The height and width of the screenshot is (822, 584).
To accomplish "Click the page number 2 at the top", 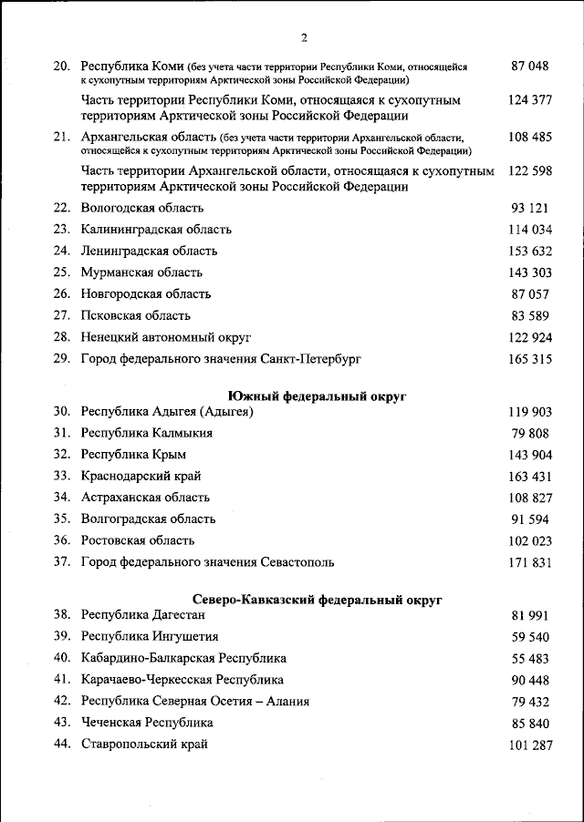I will pyautogui.click(x=304, y=37).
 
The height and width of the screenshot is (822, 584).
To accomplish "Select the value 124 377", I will pyautogui.click(x=530, y=99).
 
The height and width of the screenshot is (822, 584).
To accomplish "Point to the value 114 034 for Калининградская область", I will pyautogui.click(x=530, y=230).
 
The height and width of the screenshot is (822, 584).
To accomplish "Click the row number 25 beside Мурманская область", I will pyautogui.click(x=62, y=272).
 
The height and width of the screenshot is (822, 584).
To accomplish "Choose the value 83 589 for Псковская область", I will pyautogui.click(x=530, y=315).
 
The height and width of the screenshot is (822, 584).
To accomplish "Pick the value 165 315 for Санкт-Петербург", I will pyautogui.click(x=530, y=359).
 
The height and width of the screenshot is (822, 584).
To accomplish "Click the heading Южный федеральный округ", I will pyautogui.click(x=316, y=396).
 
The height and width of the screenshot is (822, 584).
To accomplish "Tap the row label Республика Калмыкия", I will pyautogui.click(x=147, y=433).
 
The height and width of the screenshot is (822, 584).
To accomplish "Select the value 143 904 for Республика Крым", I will pyautogui.click(x=530, y=455).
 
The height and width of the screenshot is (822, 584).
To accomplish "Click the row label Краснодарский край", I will pyautogui.click(x=141, y=476).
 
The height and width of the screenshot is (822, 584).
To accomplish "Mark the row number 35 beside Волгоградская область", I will pyautogui.click(x=62, y=519).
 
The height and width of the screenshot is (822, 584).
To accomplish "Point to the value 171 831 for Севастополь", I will pyautogui.click(x=530, y=562).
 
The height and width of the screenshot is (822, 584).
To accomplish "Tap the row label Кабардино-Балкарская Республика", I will pyautogui.click(x=183, y=658).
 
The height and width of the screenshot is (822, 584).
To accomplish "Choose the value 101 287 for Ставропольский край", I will pyautogui.click(x=530, y=745).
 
